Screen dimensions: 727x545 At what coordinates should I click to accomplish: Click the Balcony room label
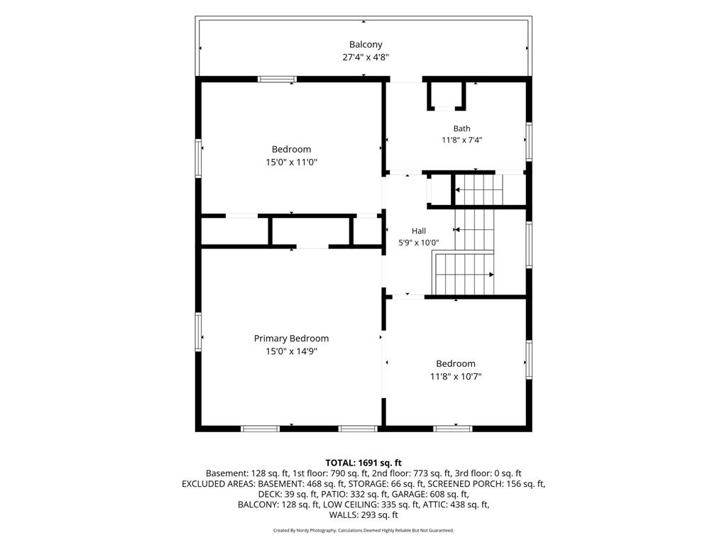tap(366, 45)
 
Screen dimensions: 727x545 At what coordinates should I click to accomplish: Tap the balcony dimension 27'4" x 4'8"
tap(366, 57)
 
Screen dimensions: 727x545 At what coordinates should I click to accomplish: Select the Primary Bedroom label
tap(291, 338)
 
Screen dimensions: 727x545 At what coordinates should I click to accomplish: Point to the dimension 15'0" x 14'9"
tap(291, 351)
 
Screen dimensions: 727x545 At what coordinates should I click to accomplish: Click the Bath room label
tap(461, 128)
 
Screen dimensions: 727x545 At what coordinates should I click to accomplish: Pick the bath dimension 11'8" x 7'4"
tap(461, 140)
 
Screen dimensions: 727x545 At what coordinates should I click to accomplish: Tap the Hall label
tap(419, 231)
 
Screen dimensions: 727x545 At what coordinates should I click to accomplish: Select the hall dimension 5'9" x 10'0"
tap(419, 243)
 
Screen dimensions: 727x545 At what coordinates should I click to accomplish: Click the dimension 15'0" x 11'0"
tap(291, 163)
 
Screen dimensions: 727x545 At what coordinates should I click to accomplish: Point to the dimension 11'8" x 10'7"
tap(456, 376)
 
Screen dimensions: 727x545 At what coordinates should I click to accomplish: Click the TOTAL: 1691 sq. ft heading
tap(363, 463)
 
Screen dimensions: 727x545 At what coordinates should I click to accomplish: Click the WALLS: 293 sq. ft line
tap(363, 515)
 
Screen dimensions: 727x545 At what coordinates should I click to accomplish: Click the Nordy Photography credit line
tap(363, 530)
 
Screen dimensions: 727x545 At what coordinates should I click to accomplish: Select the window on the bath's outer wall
tap(528, 141)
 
